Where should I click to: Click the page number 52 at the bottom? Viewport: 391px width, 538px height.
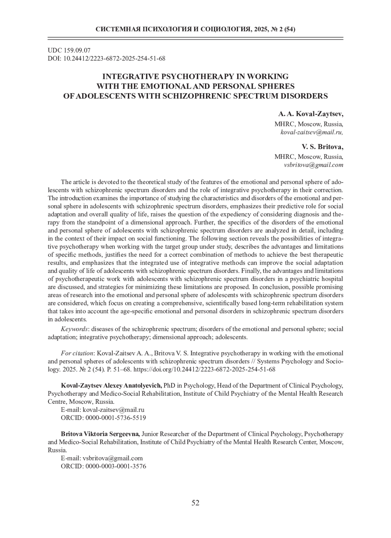(x=195, y=503)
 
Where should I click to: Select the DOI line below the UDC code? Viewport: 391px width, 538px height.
(x=107, y=59)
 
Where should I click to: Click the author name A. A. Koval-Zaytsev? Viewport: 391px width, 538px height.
(x=311, y=114)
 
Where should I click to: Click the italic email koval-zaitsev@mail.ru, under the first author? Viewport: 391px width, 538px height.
(x=312, y=132)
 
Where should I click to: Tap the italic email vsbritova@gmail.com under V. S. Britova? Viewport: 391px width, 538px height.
(x=313, y=165)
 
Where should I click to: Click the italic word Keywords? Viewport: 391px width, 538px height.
(x=74, y=329)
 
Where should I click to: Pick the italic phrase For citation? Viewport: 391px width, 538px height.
(x=77, y=353)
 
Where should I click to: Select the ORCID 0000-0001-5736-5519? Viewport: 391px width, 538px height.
(x=115, y=418)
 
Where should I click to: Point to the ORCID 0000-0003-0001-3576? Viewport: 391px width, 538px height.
(x=115, y=466)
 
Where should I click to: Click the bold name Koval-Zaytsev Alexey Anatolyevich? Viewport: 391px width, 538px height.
(x=111, y=386)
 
